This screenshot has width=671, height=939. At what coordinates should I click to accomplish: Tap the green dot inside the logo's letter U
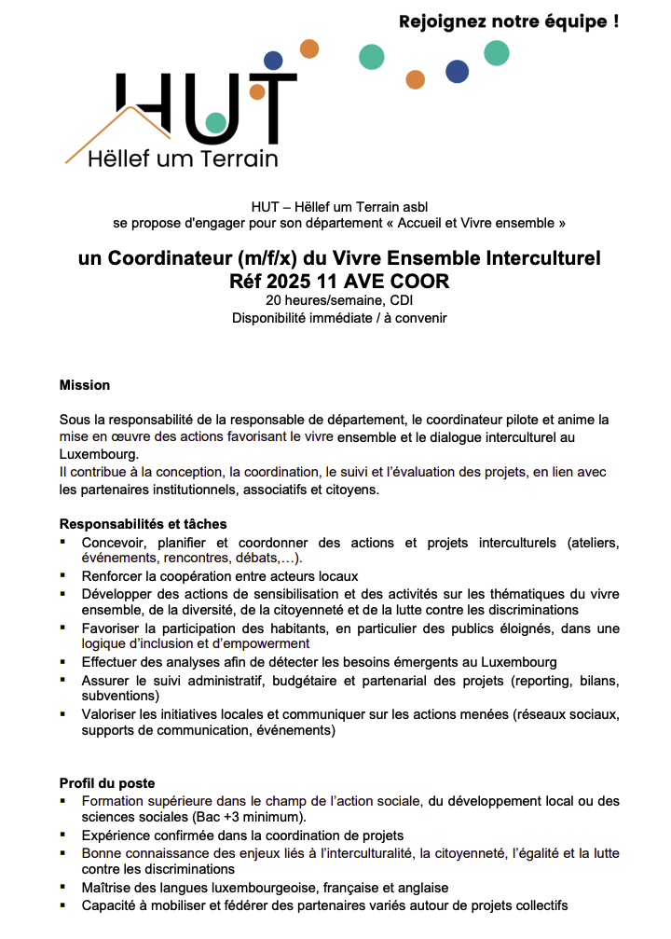click(216, 122)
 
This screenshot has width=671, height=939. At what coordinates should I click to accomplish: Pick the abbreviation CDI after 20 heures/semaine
click(402, 300)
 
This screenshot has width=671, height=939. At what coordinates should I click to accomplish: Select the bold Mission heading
click(85, 384)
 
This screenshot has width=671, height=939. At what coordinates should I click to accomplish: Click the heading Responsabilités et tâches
click(144, 524)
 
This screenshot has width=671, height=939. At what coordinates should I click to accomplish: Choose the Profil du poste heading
click(107, 783)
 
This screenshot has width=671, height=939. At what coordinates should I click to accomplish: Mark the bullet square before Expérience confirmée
click(63, 835)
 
